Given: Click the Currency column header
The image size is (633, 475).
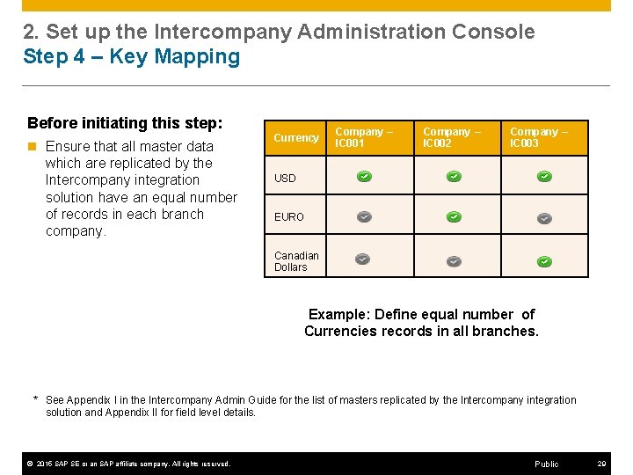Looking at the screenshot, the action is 295,138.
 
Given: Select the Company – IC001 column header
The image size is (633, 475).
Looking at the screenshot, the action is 363,137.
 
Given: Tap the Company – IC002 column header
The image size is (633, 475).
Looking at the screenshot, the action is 452,137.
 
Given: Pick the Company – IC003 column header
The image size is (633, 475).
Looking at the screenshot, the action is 539,137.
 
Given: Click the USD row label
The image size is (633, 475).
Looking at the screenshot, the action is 285,179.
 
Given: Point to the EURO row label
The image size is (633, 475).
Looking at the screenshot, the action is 288,217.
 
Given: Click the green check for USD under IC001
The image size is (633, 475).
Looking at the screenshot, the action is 364,177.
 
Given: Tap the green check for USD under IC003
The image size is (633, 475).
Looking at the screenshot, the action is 544,177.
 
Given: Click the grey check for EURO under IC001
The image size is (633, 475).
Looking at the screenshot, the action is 364,216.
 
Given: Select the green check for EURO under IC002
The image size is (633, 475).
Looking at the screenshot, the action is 454,216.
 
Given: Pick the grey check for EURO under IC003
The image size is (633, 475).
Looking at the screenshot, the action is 544,217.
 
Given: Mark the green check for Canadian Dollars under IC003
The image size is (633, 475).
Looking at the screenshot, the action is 544,261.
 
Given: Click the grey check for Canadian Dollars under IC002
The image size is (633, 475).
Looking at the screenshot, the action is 454,261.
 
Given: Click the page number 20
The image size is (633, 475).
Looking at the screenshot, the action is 601,464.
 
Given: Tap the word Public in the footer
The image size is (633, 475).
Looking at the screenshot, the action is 546,464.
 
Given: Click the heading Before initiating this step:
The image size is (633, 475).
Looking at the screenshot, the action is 125,122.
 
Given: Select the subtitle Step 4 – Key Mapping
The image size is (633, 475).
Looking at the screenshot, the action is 131,57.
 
